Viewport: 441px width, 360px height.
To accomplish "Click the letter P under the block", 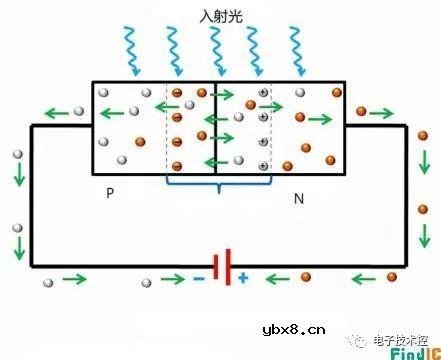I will point(109,192).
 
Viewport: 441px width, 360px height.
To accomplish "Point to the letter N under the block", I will point(297,198).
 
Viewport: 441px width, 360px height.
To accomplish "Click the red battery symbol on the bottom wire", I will point(227,267).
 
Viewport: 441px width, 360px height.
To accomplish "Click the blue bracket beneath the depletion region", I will point(216,186).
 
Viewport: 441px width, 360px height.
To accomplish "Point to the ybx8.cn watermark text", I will point(293,326).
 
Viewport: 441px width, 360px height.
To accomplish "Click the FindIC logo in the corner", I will point(409,350).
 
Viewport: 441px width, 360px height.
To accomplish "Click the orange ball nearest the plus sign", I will point(306,277).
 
